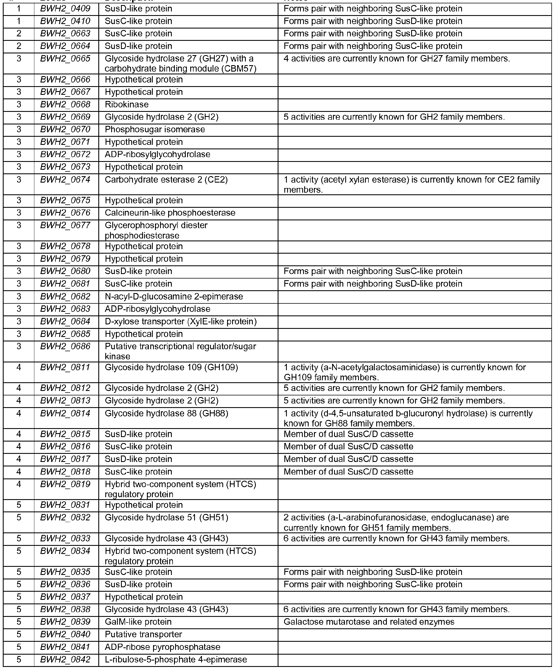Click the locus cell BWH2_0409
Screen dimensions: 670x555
(x=65, y=9)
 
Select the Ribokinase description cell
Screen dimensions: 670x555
(x=127, y=105)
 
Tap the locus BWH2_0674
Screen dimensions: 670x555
(x=65, y=180)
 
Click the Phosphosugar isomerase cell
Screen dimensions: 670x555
(x=155, y=129)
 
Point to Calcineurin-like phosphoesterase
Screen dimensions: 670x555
(x=170, y=213)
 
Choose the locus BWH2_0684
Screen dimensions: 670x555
(x=65, y=321)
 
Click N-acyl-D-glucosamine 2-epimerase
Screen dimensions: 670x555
(x=174, y=296)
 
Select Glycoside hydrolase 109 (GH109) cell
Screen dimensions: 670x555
(x=171, y=367)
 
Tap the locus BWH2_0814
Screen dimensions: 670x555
(x=65, y=413)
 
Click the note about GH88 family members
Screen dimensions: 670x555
(x=408, y=418)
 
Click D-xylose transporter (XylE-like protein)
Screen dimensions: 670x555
(x=181, y=321)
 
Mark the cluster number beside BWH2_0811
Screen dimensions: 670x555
(x=19, y=367)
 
